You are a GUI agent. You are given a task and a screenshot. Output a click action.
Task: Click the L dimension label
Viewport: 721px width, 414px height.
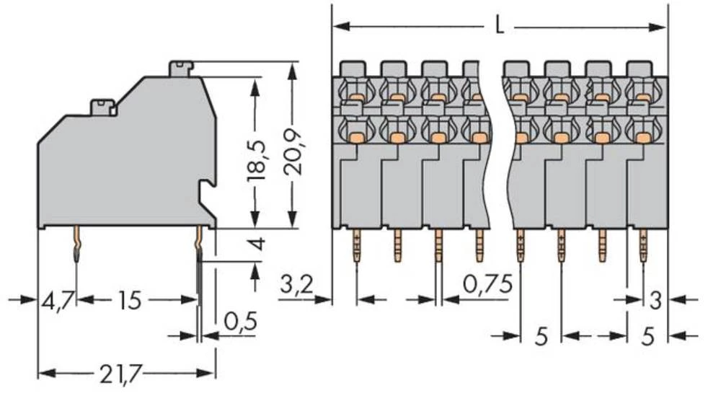[x=499, y=27]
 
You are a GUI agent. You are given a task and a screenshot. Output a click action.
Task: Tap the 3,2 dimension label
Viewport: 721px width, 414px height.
[x=295, y=284]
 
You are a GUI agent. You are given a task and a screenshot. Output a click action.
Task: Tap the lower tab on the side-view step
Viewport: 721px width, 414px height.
[x=103, y=107]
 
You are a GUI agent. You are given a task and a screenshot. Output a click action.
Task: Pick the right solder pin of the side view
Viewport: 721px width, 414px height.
[x=199, y=245]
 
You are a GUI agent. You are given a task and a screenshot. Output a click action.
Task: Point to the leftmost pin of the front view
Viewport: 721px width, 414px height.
[x=356, y=246]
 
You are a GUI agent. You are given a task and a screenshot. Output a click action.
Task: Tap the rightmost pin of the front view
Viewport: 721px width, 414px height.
[x=642, y=246]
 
